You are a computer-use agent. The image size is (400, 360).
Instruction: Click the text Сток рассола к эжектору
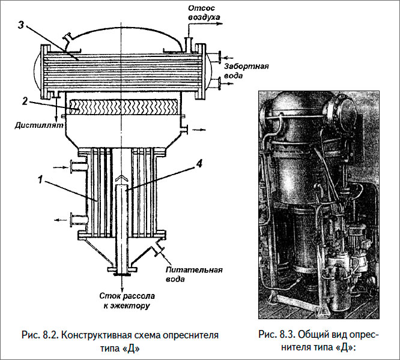tap(128, 301)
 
